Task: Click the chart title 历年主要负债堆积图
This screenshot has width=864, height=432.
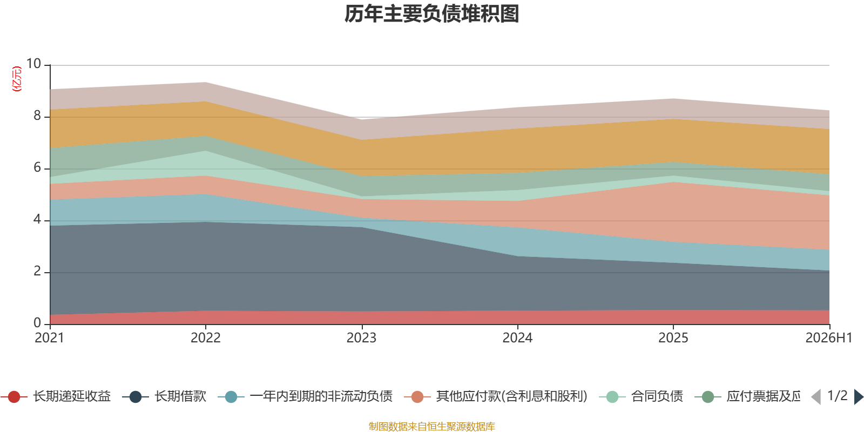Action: pos(431,14)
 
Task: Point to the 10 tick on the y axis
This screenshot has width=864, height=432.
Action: pos(33,64)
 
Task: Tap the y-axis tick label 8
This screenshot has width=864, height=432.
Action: pos(37,116)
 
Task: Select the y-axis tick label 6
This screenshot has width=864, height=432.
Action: pos(37,167)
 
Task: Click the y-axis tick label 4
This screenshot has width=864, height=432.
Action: pos(37,219)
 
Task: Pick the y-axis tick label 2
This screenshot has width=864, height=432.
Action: pos(37,271)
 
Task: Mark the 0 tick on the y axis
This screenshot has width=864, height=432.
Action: pos(37,323)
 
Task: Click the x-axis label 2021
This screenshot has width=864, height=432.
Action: pos(49,338)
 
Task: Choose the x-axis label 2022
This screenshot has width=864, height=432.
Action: pos(206,338)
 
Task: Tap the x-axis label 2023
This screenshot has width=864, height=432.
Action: pos(361,338)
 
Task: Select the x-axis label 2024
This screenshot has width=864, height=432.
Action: pos(517,338)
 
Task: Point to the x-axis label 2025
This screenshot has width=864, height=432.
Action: pos(673,338)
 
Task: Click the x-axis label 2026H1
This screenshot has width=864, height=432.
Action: pos(829,338)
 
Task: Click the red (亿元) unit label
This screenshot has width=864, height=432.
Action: pos(17,79)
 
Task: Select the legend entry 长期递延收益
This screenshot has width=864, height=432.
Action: pos(56,396)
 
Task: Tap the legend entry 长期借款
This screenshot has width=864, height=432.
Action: pos(164,396)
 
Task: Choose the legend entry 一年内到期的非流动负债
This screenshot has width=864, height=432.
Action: pos(305,396)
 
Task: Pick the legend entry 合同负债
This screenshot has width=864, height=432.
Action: pos(641,396)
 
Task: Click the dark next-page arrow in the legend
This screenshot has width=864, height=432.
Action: pos(858,396)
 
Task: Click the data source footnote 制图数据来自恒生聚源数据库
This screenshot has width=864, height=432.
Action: pos(431,426)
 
